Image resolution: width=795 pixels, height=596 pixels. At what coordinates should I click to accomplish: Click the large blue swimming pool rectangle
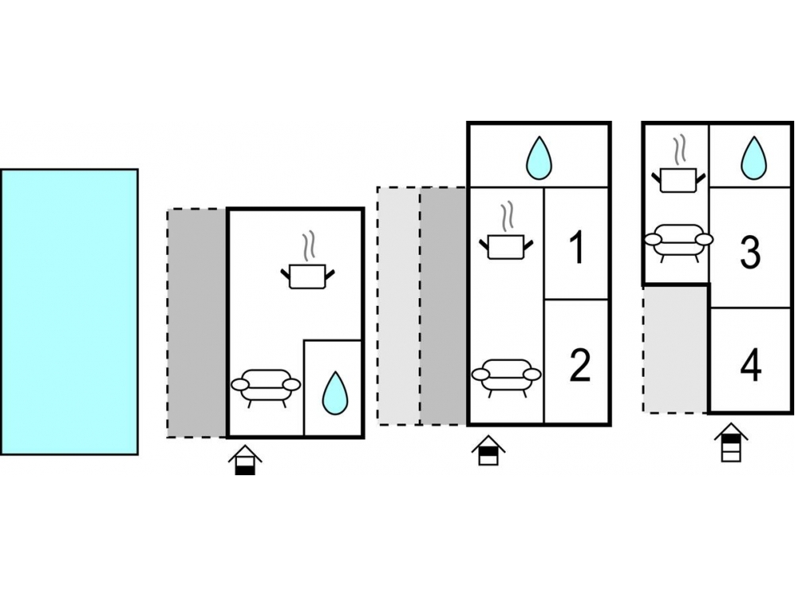point(69,312)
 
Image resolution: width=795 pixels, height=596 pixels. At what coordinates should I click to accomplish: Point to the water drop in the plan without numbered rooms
point(335,393)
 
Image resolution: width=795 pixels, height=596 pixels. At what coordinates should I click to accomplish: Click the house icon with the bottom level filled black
point(245,459)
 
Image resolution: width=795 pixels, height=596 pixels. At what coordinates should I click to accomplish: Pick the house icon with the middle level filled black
point(488,450)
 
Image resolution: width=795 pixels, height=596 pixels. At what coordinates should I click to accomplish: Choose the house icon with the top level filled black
point(731,442)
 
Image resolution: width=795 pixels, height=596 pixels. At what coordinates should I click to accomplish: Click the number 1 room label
point(577,247)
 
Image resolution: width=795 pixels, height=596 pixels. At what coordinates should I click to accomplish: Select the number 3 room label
point(750,252)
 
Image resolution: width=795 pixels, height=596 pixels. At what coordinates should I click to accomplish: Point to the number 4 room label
point(750,365)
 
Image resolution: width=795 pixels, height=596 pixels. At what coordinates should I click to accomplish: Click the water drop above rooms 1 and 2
point(538,158)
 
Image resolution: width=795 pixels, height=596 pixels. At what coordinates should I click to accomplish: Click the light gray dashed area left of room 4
point(675,350)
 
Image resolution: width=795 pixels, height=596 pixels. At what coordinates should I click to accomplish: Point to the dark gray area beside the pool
point(197,323)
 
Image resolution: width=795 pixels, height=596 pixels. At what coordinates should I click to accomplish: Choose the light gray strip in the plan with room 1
point(398,306)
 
